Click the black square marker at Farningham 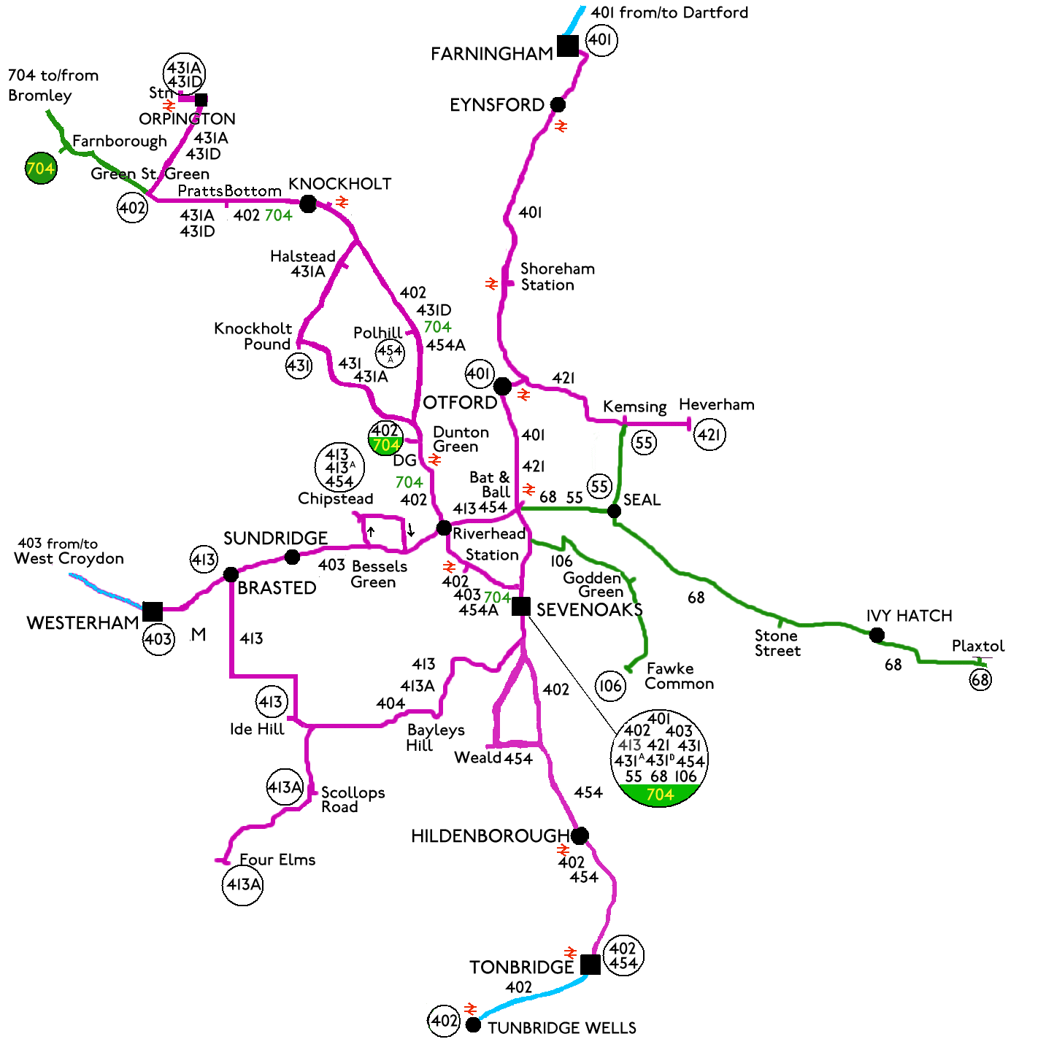[567, 46]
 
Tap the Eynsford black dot [558, 104]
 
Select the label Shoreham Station [557, 277]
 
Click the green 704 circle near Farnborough [41, 169]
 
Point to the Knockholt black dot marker [308, 204]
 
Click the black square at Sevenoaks [520, 606]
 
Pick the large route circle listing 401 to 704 [659, 758]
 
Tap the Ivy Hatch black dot [877, 635]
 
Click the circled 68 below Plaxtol [980, 680]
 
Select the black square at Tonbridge [591, 964]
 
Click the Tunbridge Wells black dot [473, 1025]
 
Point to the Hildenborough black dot [580, 835]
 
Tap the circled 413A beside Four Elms [242, 885]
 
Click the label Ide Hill [257, 729]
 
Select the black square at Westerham [153, 611]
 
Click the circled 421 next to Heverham [709, 435]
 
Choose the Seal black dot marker [615, 511]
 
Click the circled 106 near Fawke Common [610, 686]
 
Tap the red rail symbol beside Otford [523, 395]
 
